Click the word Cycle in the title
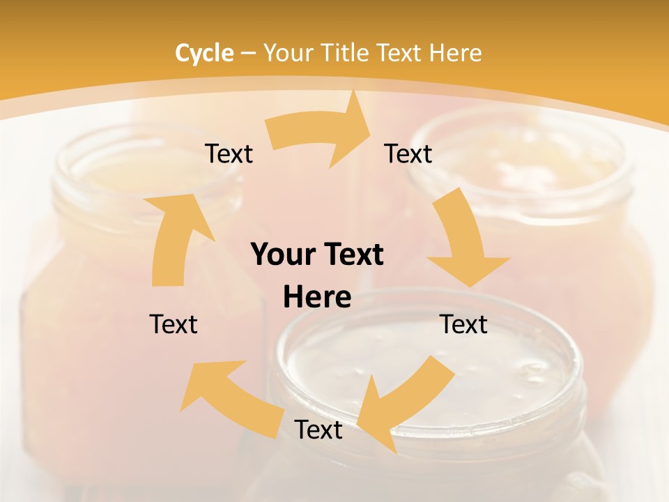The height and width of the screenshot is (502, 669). [x=204, y=53]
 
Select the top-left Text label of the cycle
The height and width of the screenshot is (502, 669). [x=229, y=154]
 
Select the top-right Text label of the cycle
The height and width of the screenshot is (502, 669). [x=408, y=154]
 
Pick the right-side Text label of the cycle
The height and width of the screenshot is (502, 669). [x=464, y=324]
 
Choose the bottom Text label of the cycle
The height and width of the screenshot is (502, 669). [x=318, y=429]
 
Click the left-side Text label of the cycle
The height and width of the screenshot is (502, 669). [x=174, y=324]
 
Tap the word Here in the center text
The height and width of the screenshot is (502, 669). [x=317, y=298]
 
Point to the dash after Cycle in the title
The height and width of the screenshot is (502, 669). [x=248, y=53]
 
